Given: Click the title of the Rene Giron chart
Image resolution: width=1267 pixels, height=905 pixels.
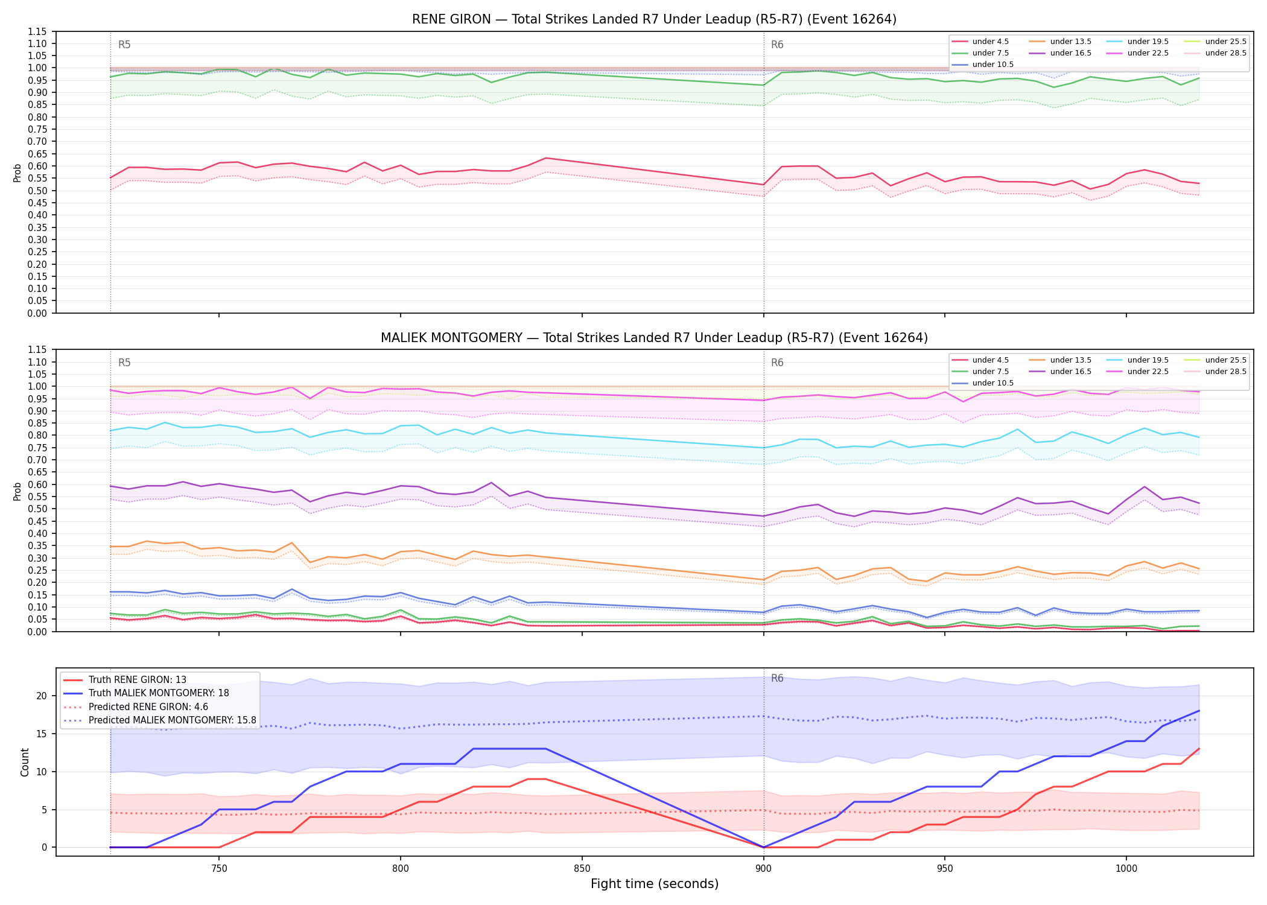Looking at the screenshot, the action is (x=654, y=19).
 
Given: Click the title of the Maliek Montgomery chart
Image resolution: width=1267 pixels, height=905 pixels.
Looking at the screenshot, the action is (x=654, y=338).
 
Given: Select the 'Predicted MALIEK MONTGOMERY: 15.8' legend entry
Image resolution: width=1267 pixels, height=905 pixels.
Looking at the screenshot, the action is (x=159, y=720).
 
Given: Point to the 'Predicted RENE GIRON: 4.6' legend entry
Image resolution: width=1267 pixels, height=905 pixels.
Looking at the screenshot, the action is (x=136, y=707).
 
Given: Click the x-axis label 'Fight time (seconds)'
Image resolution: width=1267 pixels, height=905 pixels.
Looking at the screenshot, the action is (x=655, y=884).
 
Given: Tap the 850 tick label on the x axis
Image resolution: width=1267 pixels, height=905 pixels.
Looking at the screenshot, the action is (x=582, y=869).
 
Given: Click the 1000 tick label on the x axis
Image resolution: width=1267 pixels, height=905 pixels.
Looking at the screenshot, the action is (x=1126, y=869).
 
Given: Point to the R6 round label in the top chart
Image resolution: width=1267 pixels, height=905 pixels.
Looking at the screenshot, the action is (x=777, y=45).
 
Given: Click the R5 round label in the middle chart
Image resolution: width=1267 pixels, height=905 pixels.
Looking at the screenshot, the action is (x=124, y=363).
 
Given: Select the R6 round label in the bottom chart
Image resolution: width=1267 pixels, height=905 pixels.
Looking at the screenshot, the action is (x=777, y=678).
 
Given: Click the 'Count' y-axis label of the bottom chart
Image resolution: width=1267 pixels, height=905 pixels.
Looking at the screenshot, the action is (x=25, y=762).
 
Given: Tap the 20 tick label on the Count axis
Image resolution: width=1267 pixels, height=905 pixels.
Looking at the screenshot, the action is (x=42, y=696).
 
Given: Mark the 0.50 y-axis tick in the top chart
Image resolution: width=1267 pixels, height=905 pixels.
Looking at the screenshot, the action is (x=39, y=191).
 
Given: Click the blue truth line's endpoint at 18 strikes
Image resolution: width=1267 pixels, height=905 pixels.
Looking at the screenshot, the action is (x=1199, y=711).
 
